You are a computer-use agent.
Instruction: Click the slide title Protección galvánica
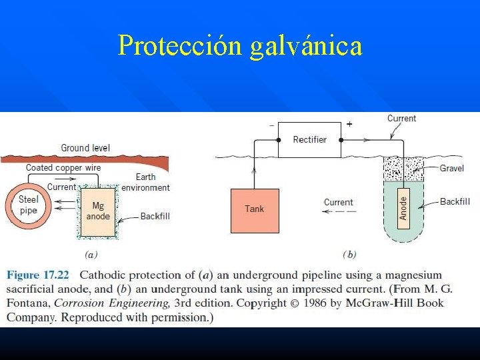240,45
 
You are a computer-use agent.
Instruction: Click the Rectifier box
309,139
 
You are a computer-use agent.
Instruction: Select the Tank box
255,210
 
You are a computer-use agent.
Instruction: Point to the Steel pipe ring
28,205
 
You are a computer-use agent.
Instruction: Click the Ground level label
85,147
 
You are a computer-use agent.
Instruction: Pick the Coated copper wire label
63,167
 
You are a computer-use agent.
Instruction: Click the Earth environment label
145,182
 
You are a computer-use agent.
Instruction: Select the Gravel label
451,168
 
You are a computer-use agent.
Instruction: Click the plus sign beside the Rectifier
349,123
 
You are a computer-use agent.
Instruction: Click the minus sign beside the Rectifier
271,125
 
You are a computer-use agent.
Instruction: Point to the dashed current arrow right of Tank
339,212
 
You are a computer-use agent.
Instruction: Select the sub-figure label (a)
92,254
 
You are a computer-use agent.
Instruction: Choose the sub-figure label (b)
349,254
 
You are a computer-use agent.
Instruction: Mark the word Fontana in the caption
28,303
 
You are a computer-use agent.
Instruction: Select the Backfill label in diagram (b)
455,201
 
